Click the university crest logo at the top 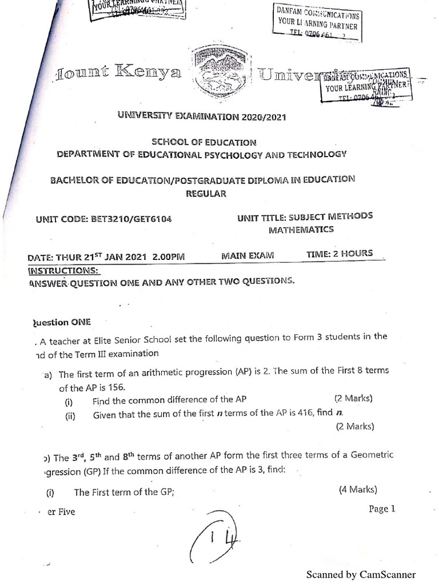tap(219, 72)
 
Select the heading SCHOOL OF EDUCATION tap(203, 142)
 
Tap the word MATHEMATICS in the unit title tap(301, 230)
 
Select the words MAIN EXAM tap(248, 255)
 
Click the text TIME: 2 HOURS tap(340, 253)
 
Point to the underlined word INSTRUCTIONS tap(63, 270)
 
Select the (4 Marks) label tap(358, 489)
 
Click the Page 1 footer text tap(382, 509)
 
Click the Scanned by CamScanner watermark tap(361, 575)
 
